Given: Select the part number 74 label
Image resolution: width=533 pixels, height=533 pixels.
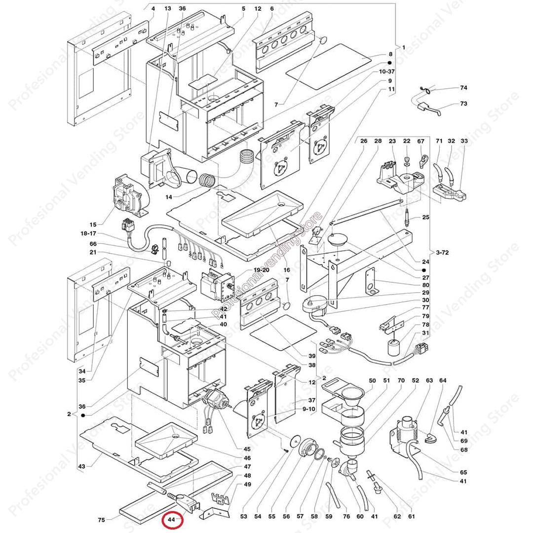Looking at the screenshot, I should pyautogui.click(x=463, y=88).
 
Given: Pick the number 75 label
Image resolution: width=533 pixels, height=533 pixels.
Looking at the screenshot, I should pyautogui.click(x=101, y=519).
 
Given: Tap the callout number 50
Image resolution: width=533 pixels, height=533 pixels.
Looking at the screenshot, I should pyautogui.click(x=372, y=381).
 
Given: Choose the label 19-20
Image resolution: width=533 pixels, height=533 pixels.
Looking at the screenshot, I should pyautogui.click(x=262, y=270).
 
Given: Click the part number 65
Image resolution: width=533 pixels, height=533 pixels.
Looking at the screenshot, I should pyautogui.click(x=463, y=472).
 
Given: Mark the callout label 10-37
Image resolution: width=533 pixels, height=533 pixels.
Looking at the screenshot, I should pyautogui.click(x=387, y=72).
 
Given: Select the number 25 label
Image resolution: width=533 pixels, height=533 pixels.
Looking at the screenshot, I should pyautogui.click(x=425, y=218).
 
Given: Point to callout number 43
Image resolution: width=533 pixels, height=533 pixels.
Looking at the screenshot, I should pyautogui.click(x=82, y=466).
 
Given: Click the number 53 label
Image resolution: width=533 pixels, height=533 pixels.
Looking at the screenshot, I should pyautogui.click(x=243, y=517).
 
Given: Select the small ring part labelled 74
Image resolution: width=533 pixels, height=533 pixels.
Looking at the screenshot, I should pyautogui.click(x=426, y=90).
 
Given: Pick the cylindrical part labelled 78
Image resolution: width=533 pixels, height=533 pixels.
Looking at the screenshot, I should pyautogui.click(x=394, y=347).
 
